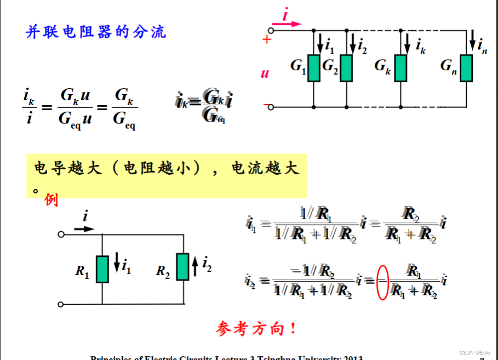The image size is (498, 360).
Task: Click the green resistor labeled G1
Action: (313, 68)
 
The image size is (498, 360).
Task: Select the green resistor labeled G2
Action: (346, 68)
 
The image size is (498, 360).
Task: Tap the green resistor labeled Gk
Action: (401, 68)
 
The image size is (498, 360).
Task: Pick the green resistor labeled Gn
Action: (466, 68)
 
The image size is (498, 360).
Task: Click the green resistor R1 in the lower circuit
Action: (102, 268)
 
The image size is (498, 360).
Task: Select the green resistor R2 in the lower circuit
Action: (182, 267)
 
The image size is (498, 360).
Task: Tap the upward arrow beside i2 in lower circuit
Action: (196, 267)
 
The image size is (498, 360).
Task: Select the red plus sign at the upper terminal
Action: (267, 39)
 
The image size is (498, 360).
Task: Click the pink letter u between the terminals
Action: (265, 73)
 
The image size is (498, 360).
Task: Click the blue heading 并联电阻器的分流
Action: (96, 32)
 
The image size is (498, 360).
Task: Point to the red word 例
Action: (51, 200)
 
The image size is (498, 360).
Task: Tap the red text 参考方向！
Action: (256, 329)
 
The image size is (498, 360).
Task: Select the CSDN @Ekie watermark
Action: (474, 352)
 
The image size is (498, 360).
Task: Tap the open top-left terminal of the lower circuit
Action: (61, 235)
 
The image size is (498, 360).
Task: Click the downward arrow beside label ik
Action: (407, 41)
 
